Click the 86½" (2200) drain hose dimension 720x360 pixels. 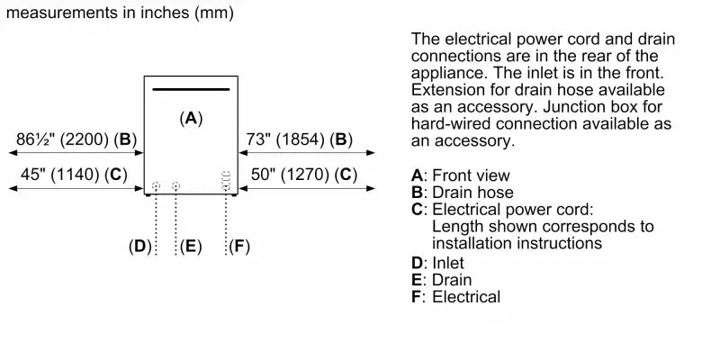[x=76, y=139]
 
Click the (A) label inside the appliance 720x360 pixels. [x=191, y=118]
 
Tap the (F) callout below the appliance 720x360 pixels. [x=238, y=246]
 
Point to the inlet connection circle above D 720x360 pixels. [x=157, y=186]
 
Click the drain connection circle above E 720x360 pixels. [x=176, y=186]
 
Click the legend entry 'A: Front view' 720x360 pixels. [x=460, y=175]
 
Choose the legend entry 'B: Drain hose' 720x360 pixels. [x=462, y=192]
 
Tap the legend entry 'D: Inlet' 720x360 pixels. [x=437, y=263]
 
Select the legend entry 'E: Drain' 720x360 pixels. [x=441, y=279]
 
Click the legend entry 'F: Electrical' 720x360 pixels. [x=455, y=296]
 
